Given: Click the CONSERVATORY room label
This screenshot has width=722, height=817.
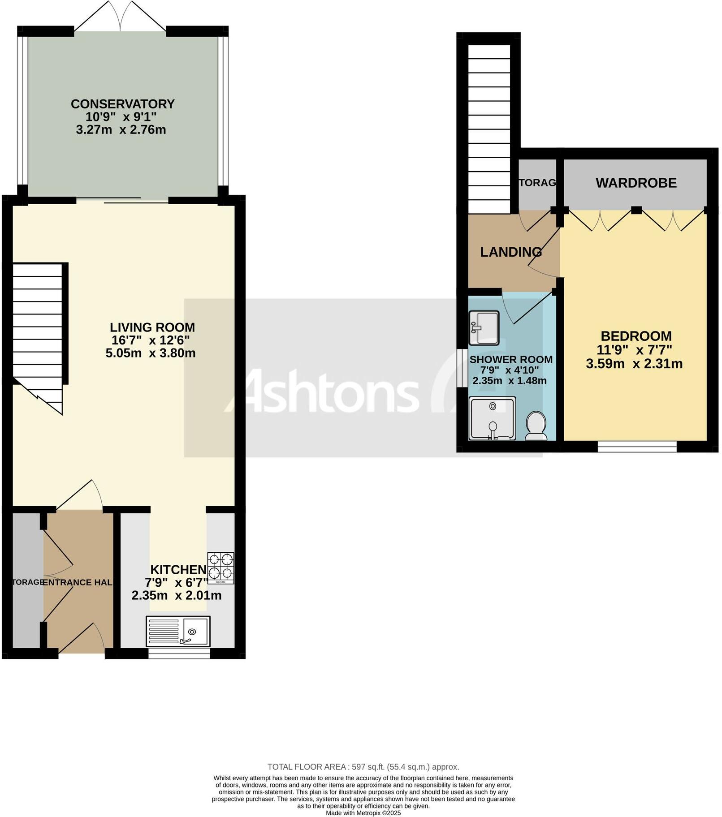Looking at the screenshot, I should pos(122,104).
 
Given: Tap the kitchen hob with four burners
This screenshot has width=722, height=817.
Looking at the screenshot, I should pos(220,568).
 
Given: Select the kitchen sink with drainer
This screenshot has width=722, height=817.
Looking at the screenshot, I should pos(178,632).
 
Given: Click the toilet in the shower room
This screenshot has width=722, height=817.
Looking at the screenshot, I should pos(536,426).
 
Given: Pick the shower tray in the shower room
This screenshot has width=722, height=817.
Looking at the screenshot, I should pos(492,418).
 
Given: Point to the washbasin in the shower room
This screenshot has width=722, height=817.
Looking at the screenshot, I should pos(484,328).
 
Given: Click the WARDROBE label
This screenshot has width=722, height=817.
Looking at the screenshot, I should pos(636,183).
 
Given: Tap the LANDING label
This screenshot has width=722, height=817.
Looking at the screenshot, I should pos(510,252).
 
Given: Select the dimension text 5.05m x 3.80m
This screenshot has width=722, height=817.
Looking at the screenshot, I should pos(151,353).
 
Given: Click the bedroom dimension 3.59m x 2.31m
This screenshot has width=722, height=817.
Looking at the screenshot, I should pos(634,364).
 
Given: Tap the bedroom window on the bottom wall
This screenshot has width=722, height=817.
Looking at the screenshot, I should pos(636,447).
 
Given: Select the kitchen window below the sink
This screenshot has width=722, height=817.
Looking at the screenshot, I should pos(179,654).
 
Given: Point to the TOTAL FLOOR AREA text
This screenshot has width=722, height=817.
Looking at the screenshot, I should pos(363,767).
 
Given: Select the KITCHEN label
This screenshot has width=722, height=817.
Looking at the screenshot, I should pos(178,570).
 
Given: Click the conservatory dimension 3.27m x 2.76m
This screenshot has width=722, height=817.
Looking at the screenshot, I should pos(121,130).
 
